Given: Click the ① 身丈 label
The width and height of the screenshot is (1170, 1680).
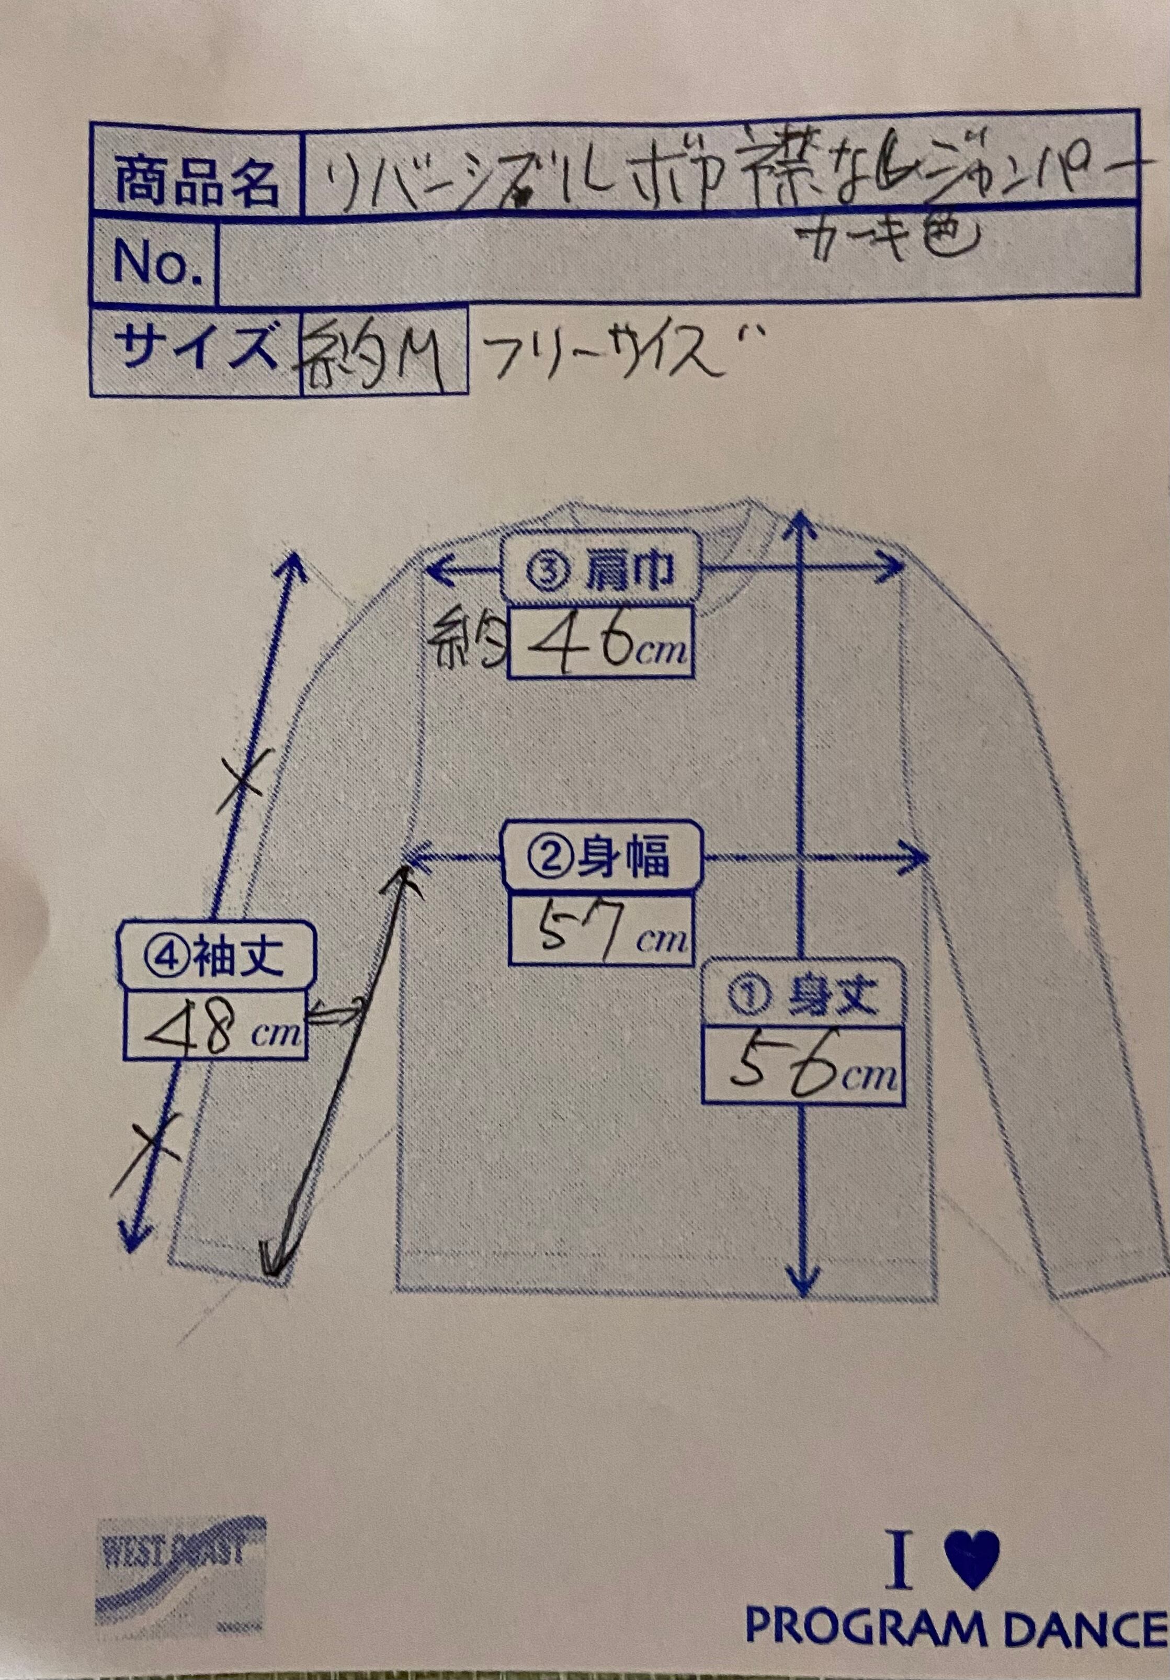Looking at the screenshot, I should pyautogui.click(x=803, y=995).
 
